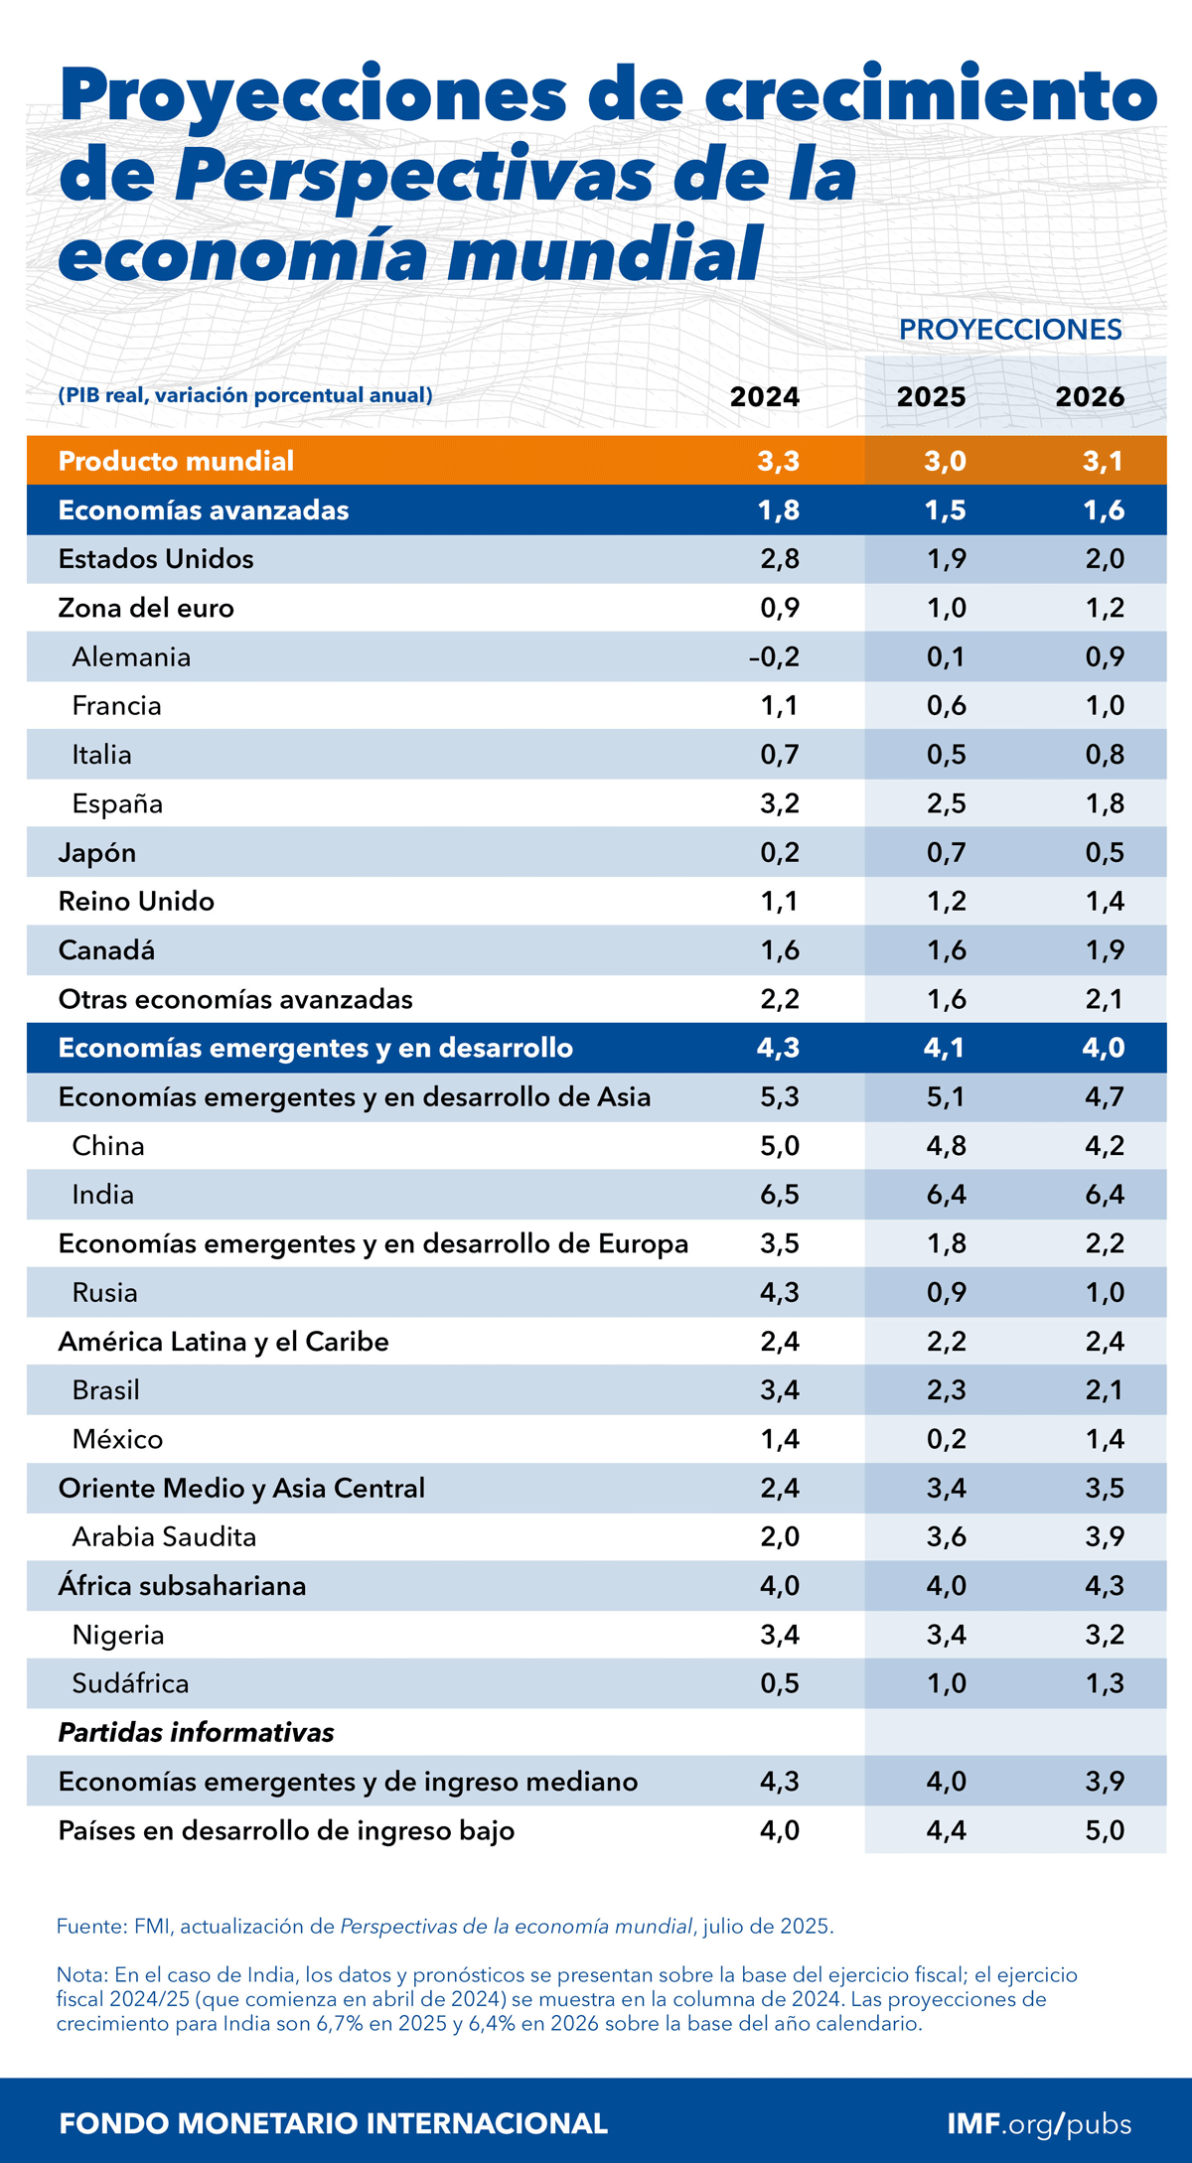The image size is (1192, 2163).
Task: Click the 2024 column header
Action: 764,397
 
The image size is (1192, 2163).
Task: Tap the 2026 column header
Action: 1090,397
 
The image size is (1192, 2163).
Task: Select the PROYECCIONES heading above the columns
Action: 1010,330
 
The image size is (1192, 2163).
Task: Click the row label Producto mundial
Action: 176,461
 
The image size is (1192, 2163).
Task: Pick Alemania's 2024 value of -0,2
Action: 774,657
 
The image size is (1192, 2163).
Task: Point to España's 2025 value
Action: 946,803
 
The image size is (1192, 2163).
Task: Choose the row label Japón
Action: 97,853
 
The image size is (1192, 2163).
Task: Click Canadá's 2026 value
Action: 1105,950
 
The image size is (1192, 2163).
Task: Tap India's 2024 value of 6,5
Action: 780,1195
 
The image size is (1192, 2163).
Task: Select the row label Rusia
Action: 104,1293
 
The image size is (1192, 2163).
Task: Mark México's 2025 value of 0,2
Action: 946,1439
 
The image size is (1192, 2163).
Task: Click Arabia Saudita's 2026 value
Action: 1105,1537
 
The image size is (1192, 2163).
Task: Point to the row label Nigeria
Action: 118,1635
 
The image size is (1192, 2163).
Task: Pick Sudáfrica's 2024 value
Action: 780,1683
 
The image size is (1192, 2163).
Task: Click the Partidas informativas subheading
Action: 196,1733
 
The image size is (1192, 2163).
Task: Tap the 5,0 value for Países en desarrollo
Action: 1105,1830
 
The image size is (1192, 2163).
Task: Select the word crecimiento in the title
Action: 931,96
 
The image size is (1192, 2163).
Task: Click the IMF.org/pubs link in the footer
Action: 1039,2123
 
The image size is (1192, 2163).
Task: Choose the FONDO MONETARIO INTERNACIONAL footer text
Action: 333,2123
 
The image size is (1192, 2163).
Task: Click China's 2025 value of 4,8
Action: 946,1146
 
